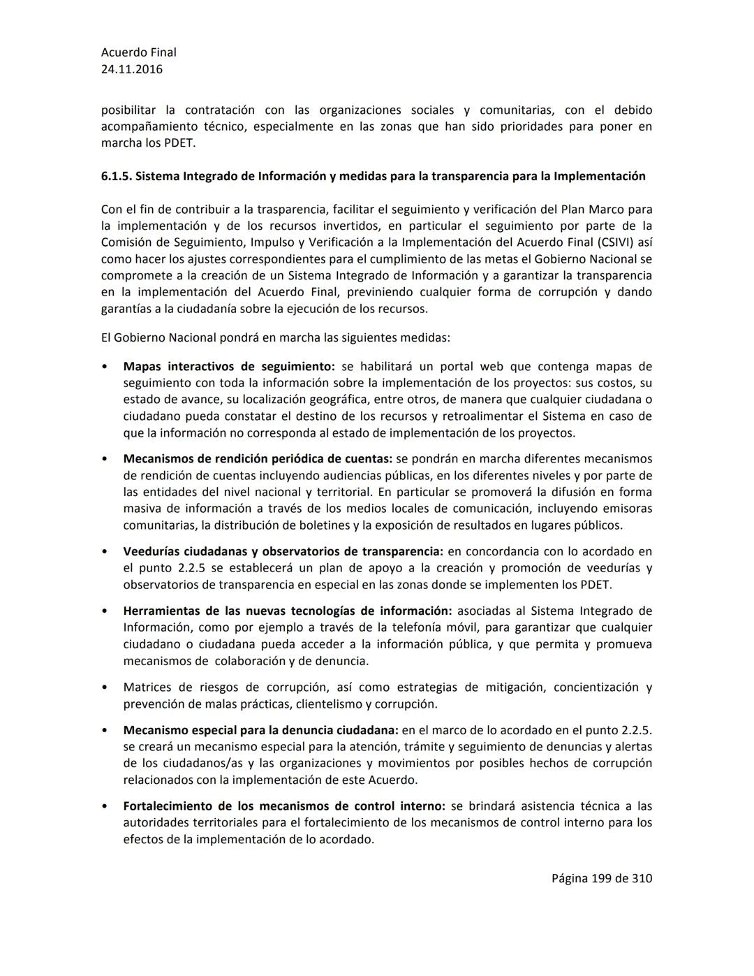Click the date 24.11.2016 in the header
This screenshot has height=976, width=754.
coord(132,69)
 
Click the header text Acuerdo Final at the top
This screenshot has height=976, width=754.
coord(139,52)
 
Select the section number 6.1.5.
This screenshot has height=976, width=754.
coord(116,176)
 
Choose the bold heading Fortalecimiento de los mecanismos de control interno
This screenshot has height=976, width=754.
coord(284,806)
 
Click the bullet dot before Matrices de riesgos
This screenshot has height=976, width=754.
coord(104,687)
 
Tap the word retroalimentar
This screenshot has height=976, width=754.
coord(486,416)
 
